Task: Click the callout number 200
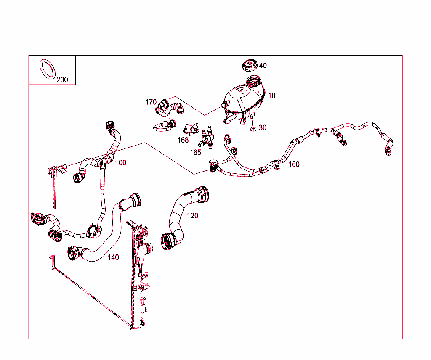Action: (x=62, y=79)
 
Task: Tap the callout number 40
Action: (x=263, y=66)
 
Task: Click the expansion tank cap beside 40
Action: (x=250, y=66)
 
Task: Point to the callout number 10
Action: (x=271, y=95)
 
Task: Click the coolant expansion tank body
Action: (x=243, y=103)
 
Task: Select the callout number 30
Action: (x=263, y=128)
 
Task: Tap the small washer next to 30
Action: (x=253, y=129)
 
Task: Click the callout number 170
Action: (x=151, y=102)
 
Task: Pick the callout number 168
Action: (x=183, y=140)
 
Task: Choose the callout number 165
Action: (x=195, y=152)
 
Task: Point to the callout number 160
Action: (x=294, y=164)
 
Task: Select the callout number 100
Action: (x=120, y=163)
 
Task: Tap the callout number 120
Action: (x=192, y=216)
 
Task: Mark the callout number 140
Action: (x=113, y=257)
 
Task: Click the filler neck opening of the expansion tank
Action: (x=254, y=80)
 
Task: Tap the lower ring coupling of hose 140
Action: (x=73, y=253)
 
